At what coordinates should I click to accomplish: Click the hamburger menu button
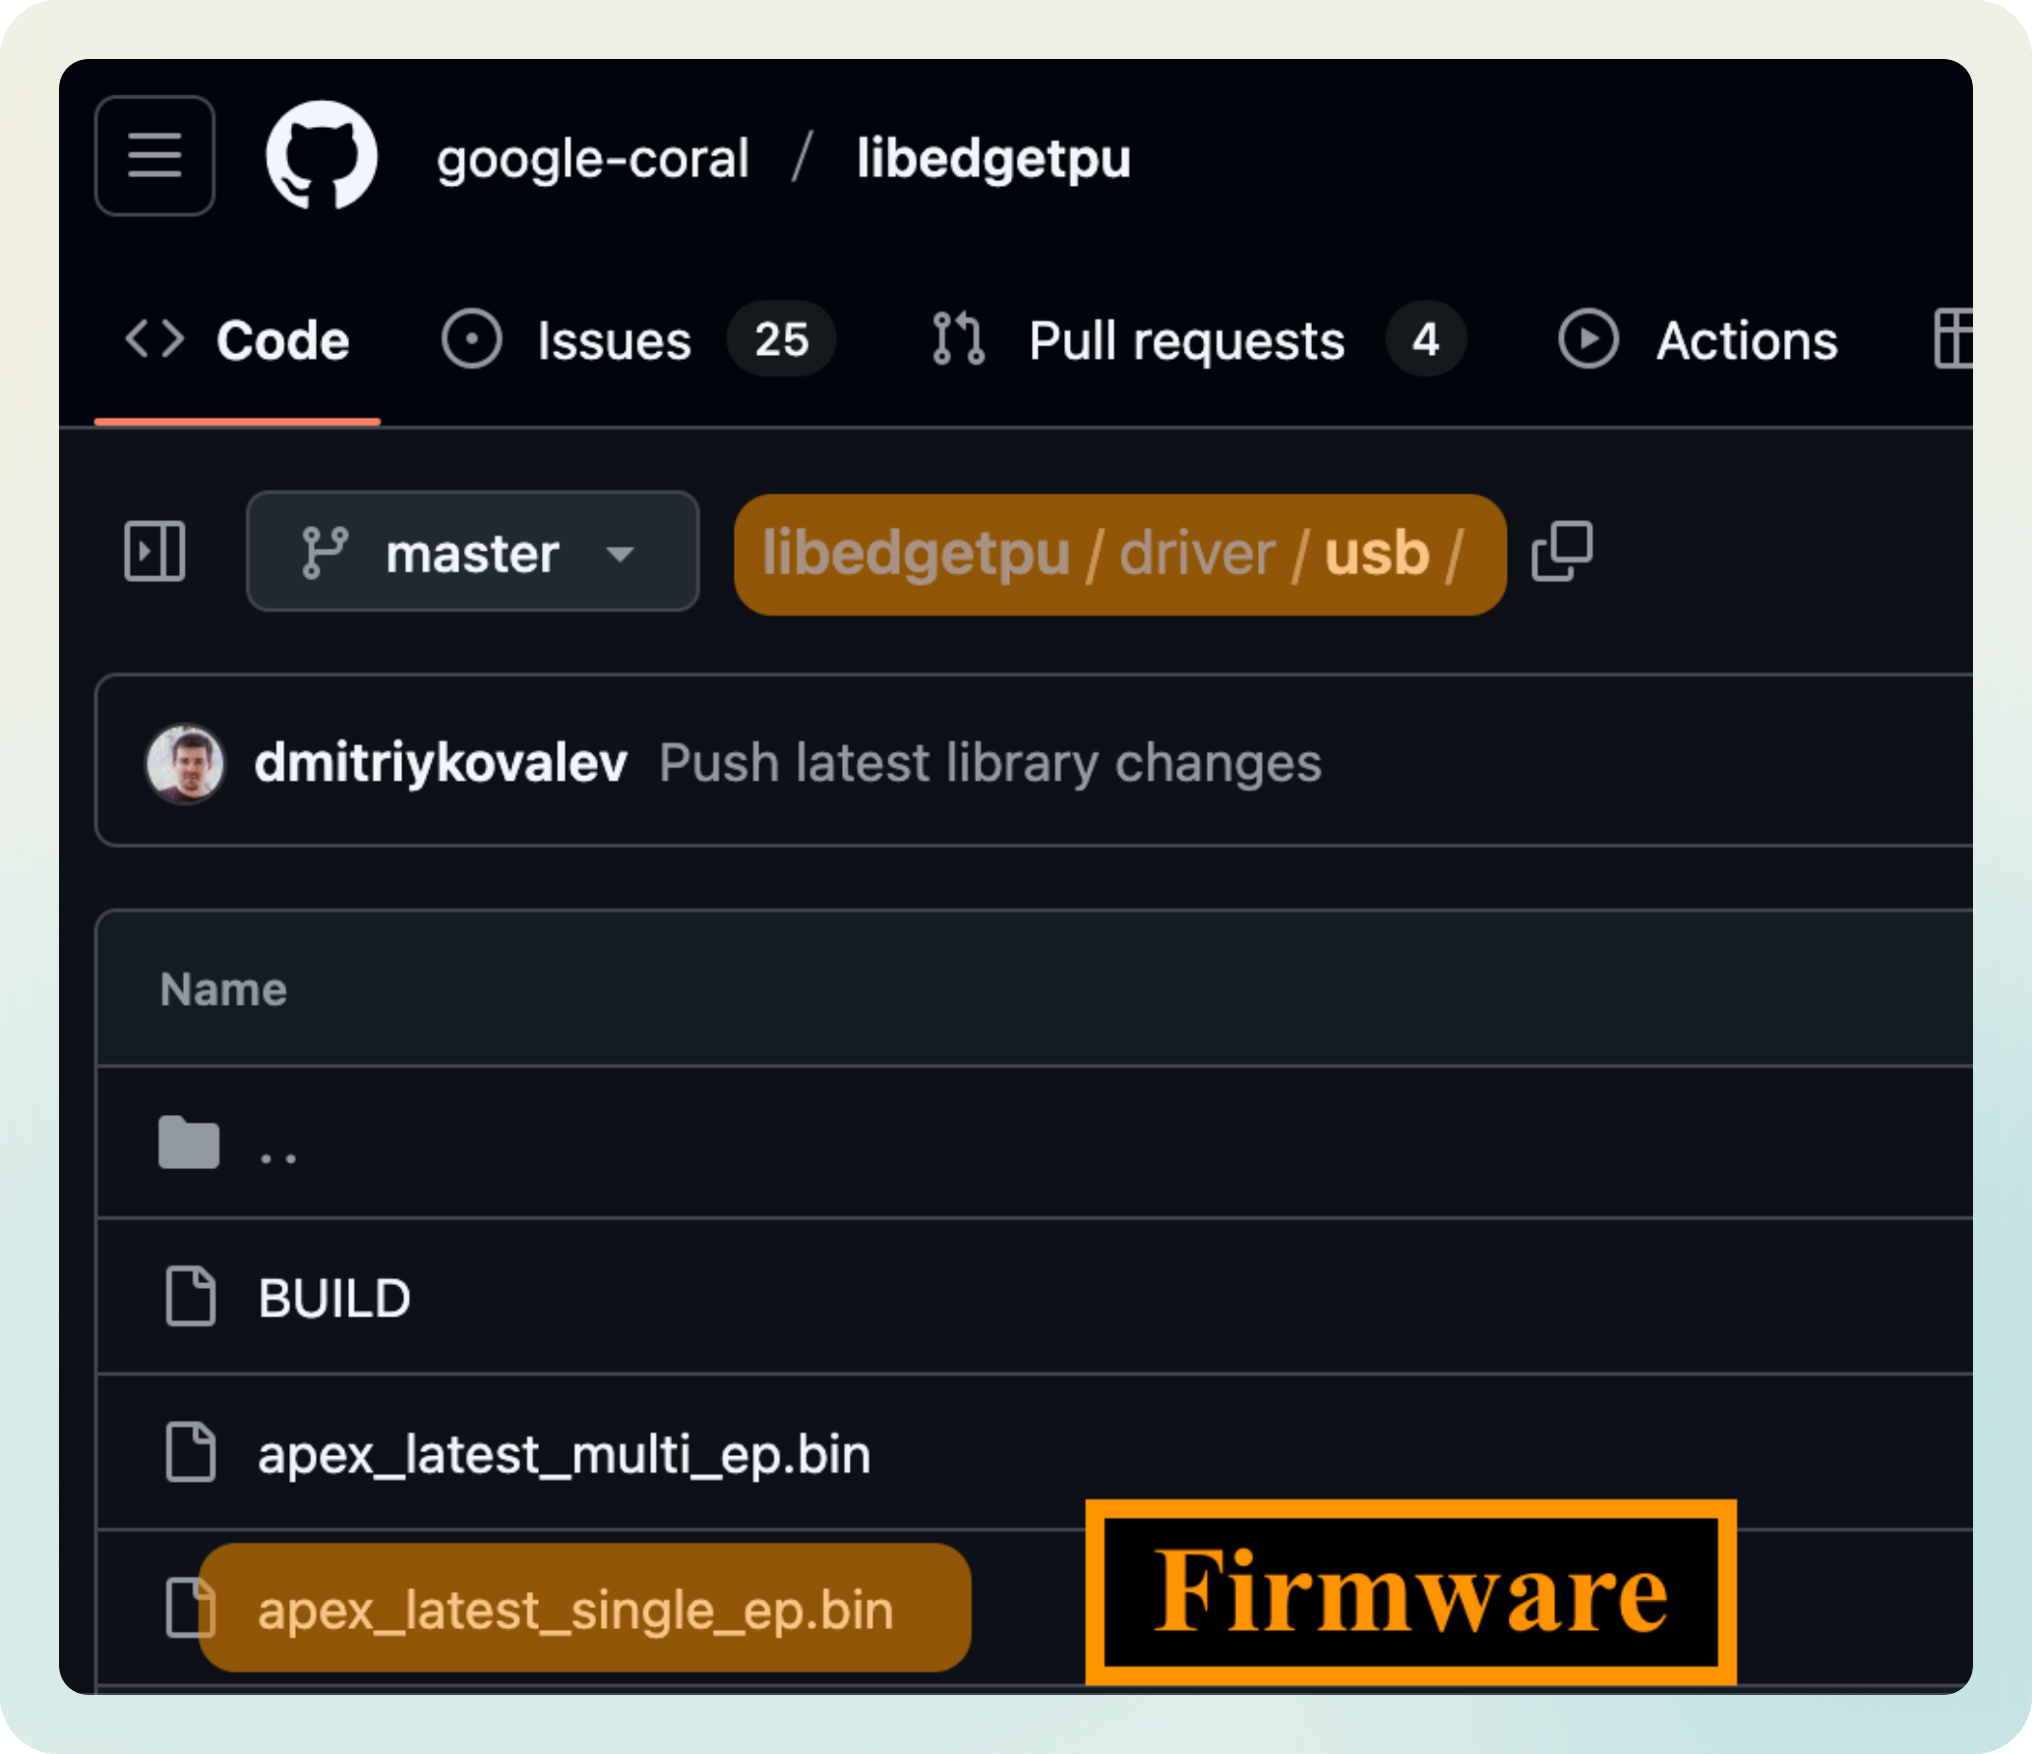154,156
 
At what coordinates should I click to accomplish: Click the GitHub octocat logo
322,155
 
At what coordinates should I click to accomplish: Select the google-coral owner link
592,158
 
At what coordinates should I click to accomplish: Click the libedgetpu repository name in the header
993,158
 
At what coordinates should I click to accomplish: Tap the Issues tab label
614,341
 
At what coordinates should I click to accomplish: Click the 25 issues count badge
781,340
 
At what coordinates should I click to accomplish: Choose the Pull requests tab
1185,341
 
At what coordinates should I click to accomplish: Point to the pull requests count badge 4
1425,340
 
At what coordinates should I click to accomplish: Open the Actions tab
1746,341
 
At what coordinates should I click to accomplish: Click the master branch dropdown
472,553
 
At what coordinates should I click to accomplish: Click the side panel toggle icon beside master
154,552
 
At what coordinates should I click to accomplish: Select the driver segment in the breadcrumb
1197,554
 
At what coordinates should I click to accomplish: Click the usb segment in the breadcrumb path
1376,554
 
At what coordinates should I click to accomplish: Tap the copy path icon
1562,552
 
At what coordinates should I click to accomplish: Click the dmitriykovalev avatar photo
185,763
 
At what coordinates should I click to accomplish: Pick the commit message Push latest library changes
989,763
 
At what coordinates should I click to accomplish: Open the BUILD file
333,1298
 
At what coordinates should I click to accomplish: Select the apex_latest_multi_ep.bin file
564,1454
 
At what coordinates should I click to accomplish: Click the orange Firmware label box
1410,1592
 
